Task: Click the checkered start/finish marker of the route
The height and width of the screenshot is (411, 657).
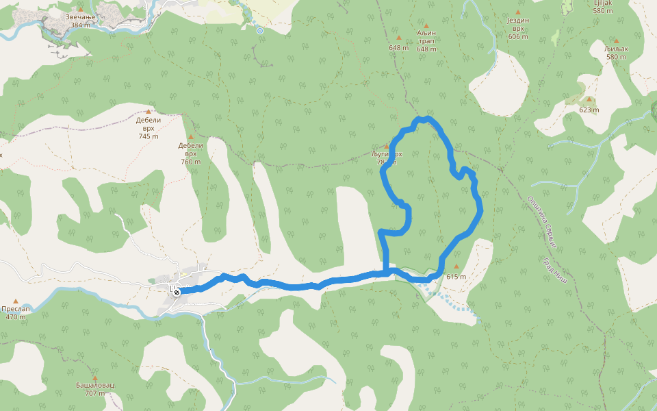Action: coord(177,292)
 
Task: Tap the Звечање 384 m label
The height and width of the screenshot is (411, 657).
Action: coord(80,21)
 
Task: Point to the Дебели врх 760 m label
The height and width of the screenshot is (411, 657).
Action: coord(191,153)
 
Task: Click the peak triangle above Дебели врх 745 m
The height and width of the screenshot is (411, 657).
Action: coord(149,111)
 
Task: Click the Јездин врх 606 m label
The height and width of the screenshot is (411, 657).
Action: coord(518,29)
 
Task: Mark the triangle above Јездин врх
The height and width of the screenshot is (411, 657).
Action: coord(518,12)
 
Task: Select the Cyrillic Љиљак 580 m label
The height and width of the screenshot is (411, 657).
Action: coord(616,53)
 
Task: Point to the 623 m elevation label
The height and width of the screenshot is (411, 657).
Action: coord(589,110)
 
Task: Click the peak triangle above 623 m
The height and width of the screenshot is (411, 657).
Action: coord(589,99)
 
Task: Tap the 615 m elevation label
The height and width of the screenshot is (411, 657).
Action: coord(456,277)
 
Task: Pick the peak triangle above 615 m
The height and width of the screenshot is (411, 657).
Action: coord(456,266)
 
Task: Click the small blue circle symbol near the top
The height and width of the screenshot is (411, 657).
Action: coord(259,31)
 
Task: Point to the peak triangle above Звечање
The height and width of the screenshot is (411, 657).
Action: coord(80,9)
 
